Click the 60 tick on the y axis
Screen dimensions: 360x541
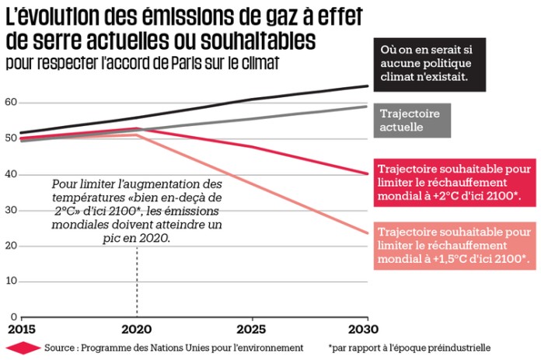point(9,103)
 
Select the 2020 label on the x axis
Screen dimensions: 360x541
point(137,330)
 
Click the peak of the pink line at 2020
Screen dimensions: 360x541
point(138,135)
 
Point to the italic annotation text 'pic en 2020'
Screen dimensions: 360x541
point(137,237)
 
